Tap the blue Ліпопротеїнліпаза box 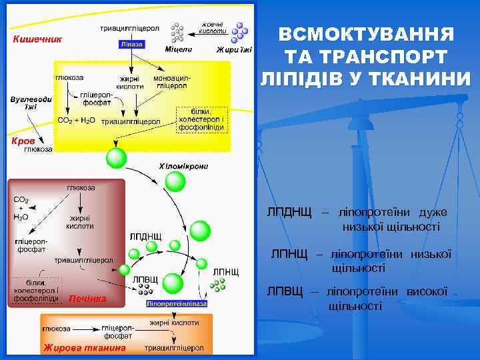177,303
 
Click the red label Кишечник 38,39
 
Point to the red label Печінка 87,298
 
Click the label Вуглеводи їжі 27,103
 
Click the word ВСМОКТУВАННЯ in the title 366,34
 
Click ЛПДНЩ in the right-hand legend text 289,213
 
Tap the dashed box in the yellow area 202,119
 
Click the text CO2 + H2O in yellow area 77,121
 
